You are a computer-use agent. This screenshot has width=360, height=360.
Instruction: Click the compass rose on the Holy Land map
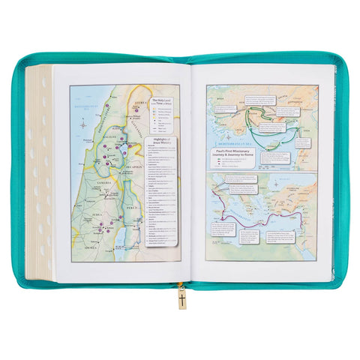click(x=82, y=126)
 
